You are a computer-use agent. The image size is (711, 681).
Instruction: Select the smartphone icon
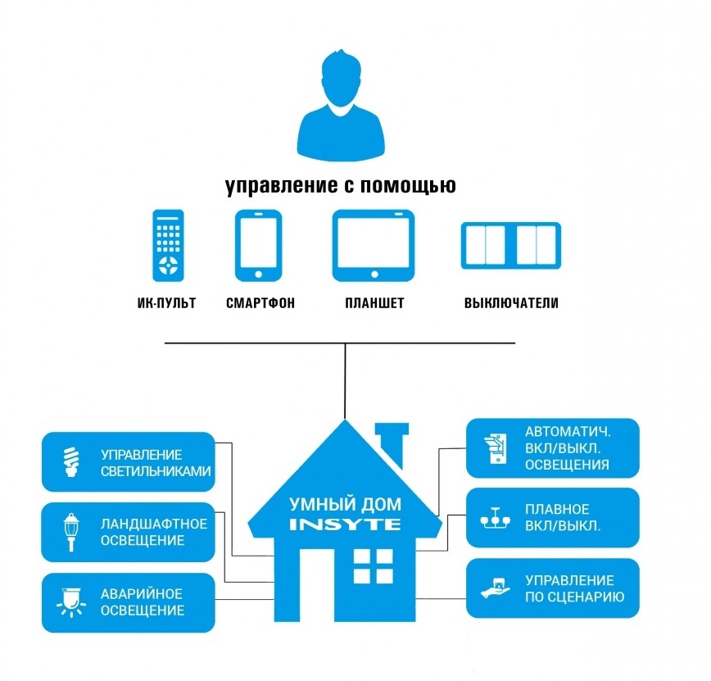259,245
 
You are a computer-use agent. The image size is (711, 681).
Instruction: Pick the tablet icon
374,245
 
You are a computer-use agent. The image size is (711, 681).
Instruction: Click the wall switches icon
510,245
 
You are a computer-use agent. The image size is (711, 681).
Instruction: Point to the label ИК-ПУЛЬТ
167,303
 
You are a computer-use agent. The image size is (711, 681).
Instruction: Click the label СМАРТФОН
260,303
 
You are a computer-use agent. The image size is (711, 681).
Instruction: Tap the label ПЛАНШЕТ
374,303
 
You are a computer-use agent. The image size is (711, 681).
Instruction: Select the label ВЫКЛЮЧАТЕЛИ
511,303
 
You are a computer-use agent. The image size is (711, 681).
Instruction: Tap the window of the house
373,565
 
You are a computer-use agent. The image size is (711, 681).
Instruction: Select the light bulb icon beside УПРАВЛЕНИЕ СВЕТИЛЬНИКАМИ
70,462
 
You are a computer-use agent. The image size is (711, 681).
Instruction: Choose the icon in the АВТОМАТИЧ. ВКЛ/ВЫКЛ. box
494,447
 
